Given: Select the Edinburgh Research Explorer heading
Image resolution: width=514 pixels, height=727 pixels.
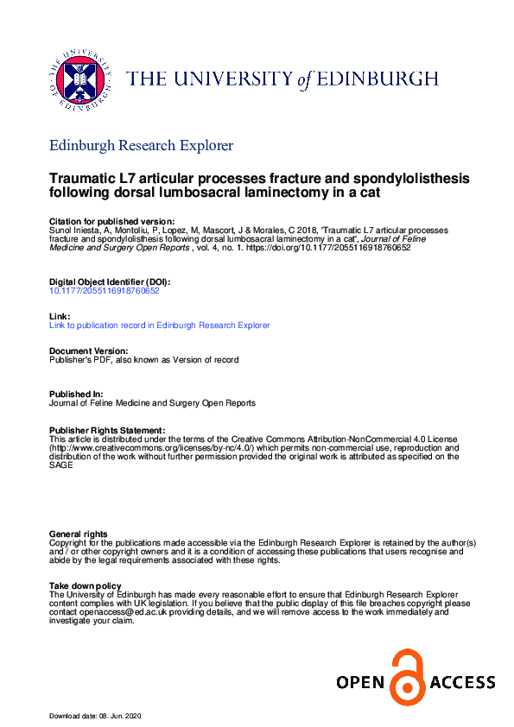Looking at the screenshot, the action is [x=141, y=146].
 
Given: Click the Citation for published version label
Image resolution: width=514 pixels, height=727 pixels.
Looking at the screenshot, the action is [x=112, y=222].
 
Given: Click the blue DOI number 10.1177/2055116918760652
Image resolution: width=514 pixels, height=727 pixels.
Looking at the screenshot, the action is [x=105, y=291].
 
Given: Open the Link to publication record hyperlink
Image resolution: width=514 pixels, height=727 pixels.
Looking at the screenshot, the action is [x=160, y=326].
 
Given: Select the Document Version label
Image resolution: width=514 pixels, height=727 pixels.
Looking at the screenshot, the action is [x=89, y=351].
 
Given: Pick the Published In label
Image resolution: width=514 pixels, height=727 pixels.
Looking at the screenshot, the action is [x=75, y=395].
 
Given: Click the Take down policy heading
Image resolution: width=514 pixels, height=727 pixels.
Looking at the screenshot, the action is [x=86, y=587].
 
